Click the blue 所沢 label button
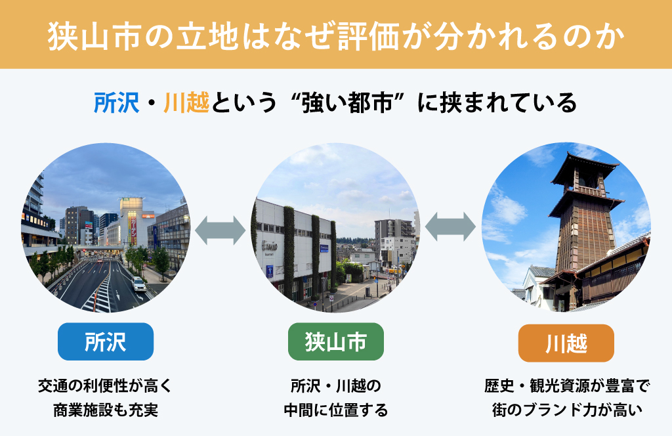106,341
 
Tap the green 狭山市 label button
335,341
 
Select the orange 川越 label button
566,343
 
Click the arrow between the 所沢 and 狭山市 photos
220,230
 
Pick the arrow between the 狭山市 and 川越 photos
450,227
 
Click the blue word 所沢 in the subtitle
117,103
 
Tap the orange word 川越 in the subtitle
187,103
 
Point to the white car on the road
138,284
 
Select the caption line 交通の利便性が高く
106,386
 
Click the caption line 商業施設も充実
106,410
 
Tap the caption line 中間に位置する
335,410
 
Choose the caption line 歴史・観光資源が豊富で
566,386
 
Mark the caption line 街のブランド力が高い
566,410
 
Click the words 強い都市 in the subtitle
348,103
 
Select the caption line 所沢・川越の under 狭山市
335,386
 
